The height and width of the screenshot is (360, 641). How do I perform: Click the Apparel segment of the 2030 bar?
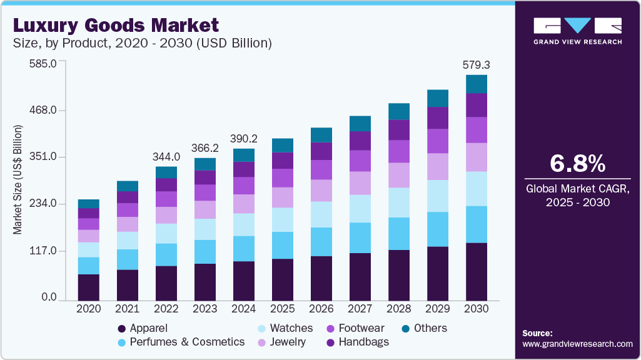477,271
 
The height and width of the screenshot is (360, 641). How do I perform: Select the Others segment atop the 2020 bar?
89,204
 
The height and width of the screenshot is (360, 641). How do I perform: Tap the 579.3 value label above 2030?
475,64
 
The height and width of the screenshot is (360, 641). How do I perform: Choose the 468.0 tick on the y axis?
44,111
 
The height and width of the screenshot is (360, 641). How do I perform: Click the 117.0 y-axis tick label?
44,251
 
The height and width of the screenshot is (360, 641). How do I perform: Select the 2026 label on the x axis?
321,309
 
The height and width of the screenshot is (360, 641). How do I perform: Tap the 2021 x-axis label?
128,309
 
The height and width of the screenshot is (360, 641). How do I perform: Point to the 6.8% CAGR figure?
577,164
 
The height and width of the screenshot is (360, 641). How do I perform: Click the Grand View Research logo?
577,31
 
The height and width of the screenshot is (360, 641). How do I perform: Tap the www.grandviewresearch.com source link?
577,344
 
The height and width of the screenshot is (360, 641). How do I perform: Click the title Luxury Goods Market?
116,25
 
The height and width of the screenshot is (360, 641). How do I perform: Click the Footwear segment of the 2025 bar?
283,178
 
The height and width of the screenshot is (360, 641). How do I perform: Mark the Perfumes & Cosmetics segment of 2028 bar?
399,234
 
